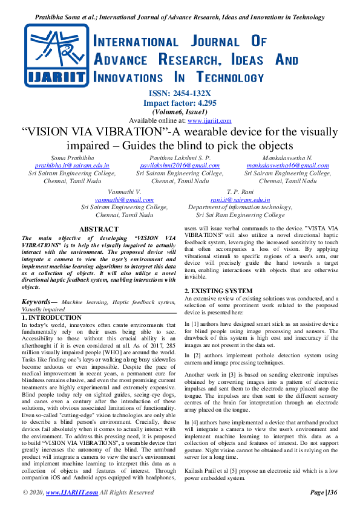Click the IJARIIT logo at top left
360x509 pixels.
[x=51, y=55]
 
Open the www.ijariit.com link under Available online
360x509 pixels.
[x=211, y=120]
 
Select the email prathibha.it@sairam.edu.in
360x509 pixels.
[x=72, y=165]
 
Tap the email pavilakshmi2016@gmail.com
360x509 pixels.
[x=180, y=165]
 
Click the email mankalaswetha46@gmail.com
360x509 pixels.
[x=287, y=165]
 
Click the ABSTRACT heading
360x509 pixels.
[x=99, y=229]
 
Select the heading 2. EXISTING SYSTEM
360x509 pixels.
[x=218, y=291]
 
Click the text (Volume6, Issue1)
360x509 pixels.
[x=180, y=112]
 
